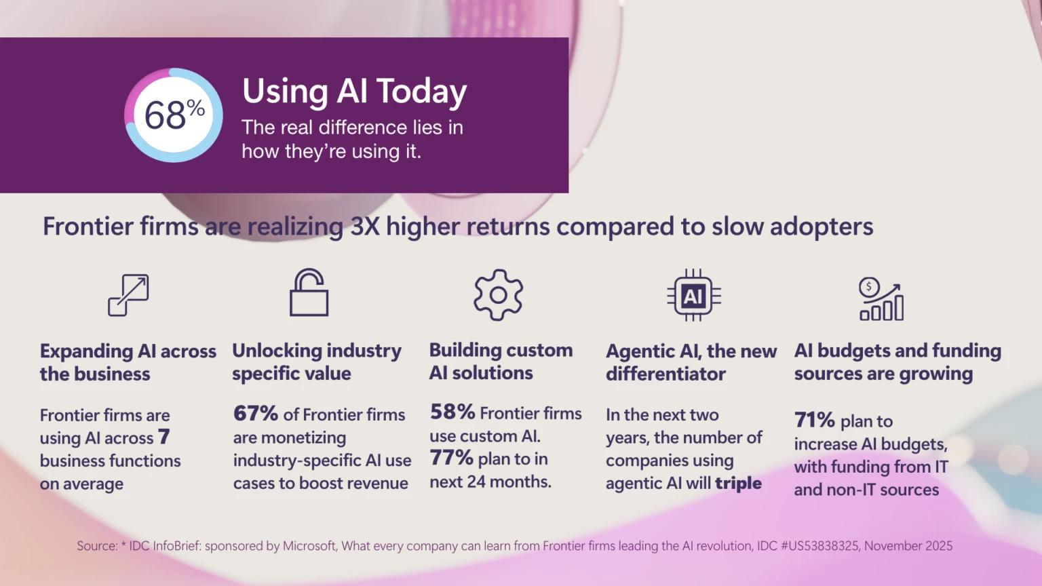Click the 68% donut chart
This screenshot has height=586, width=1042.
(174, 115)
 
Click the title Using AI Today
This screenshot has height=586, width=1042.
(354, 91)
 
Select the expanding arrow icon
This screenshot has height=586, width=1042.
(128, 295)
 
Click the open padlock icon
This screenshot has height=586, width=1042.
(309, 293)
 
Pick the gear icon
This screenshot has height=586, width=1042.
(498, 295)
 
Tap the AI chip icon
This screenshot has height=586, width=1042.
(693, 296)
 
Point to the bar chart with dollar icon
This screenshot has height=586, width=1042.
(881, 299)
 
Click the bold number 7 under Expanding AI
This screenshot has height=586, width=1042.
(163, 437)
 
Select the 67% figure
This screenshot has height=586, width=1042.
(255, 414)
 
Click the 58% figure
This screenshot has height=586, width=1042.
(452, 412)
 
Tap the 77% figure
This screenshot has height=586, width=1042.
(451, 458)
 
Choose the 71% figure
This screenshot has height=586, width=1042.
(814, 421)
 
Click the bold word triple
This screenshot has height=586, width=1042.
(738, 483)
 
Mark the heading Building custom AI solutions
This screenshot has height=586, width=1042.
(501, 362)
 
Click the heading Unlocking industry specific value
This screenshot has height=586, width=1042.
(316, 362)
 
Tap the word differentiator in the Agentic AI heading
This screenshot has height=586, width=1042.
(665, 374)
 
